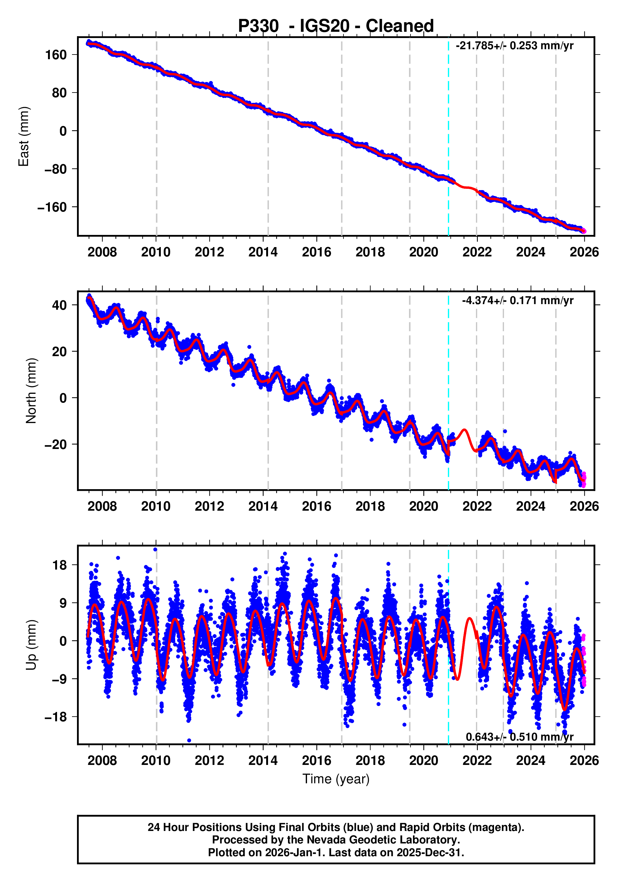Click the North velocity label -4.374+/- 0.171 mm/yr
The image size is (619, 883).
click(x=517, y=300)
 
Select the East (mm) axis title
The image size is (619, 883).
click(x=24, y=136)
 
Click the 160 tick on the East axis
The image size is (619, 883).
click(x=56, y=55)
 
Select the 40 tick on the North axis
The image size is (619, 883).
click(x=59, y=305)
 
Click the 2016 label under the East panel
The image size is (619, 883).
click(x=316, y=252)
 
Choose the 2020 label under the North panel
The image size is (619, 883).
click(x=423, y=507)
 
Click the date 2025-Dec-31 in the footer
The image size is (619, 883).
click(x=429, y=852)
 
